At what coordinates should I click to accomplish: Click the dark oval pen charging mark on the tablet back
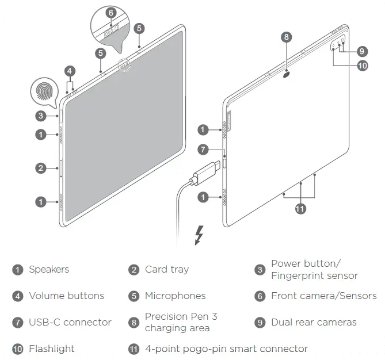[x=287, y=73]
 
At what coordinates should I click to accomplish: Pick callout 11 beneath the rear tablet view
[x=300, y=209]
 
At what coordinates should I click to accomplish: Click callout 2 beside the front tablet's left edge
[x=40, y=168]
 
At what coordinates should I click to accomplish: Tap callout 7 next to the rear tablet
[x=202, y=150]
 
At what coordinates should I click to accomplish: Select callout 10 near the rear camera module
[x=362, y=65]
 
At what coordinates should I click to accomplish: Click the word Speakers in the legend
[x=49, y=269]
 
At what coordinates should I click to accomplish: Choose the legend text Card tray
[x=167, y=269]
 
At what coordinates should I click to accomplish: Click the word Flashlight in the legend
[x=52, y=348]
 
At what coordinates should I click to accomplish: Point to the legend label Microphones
[x=175, y=296]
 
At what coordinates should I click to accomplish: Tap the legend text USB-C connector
[x=70, y=322]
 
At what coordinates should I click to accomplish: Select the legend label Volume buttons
[x=67, y=296]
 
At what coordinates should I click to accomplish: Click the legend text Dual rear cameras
[x=314, y=322]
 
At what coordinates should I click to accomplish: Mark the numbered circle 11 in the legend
[x=134, y=348]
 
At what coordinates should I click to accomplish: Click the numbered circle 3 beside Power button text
[x=260, y=270]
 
